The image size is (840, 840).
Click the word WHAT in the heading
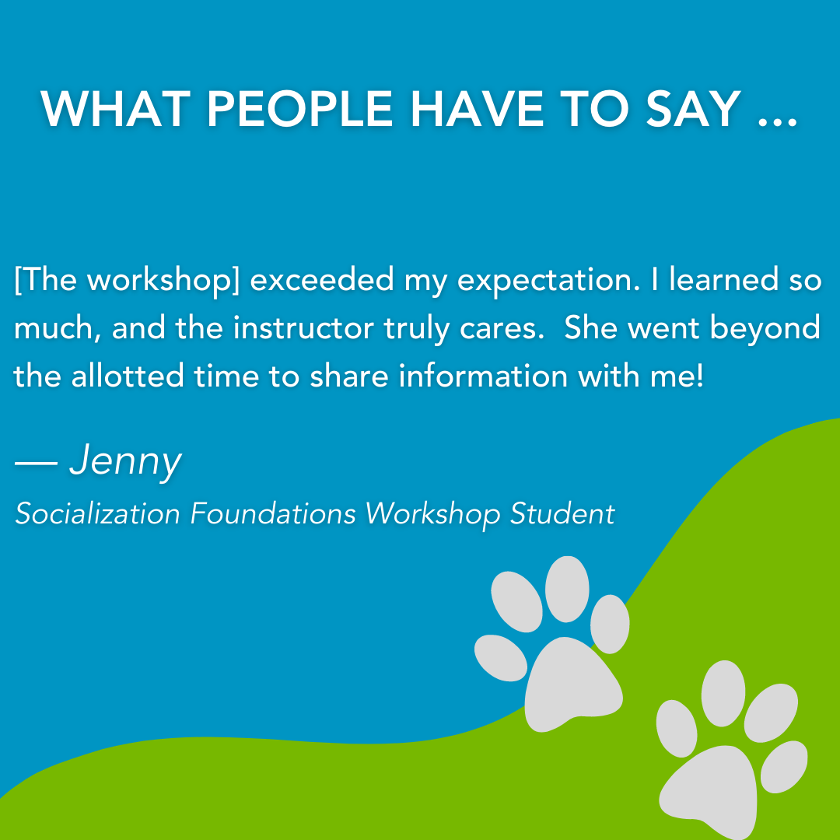(x=116, y=110)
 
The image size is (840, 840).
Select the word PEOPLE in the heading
(x=300, y=110)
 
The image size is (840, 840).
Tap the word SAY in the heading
(x=694, y=110)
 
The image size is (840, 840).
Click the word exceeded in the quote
(x=322, y=280)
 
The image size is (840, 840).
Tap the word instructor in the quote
(x=303, y=328)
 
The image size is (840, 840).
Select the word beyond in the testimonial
(x=765, y=329)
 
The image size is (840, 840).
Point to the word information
(x=483, y=376)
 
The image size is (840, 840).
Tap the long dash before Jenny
(x=36, y=464)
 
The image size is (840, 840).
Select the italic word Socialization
(x=97, y=514)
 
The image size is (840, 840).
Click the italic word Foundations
(x=273, y=514)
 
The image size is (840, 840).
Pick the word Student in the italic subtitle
(x=562, y=514)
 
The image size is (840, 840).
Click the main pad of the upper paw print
(x=572, y=684)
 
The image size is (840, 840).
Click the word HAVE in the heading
(x=478, y=110)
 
